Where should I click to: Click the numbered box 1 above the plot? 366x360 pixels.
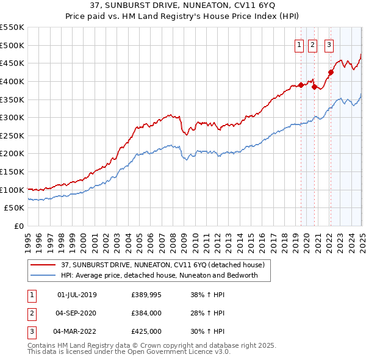tap(300, 45)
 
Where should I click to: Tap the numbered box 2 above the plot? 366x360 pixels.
tap(312, 45)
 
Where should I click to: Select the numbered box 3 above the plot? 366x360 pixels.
tap(329, 45)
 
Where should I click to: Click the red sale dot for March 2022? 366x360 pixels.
tap(331, 72)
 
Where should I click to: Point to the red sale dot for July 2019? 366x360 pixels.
tap(301, 85)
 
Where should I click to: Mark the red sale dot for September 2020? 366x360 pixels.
tap(314, 87)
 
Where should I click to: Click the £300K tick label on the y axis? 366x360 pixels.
tap(12, 117)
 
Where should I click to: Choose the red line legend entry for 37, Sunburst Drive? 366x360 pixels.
tap(162, 265)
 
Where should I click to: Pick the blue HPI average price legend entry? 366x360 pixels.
tap(159, 275)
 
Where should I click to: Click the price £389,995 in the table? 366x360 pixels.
tap(146, 295)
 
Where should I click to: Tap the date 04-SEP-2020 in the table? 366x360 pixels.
tap(76, 313)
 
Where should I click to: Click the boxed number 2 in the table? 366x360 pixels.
tap(31, 313)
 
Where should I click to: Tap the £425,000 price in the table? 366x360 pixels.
tap(146, 331)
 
